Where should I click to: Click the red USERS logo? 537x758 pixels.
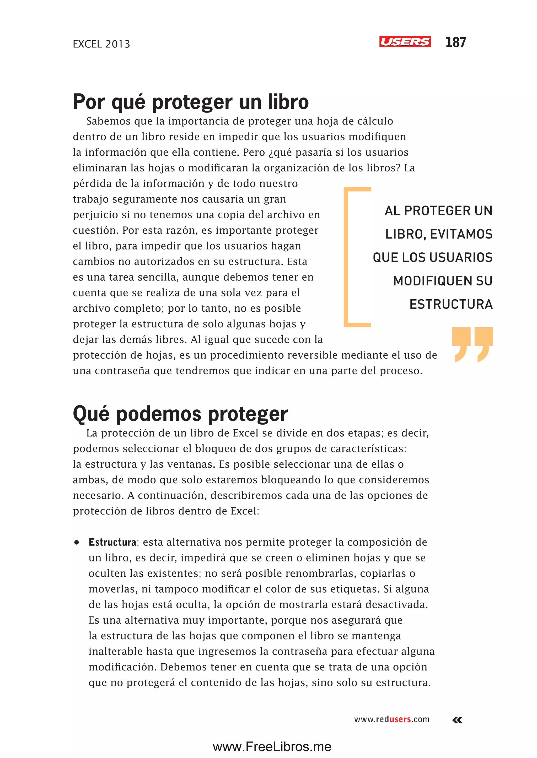tap(405, 42)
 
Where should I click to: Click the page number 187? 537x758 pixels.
tap(456, 42)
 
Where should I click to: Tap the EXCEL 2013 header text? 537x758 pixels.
tap(101, 44)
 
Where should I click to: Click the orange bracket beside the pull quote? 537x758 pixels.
tap(347, 257)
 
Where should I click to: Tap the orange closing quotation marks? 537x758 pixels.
tap(472, 344)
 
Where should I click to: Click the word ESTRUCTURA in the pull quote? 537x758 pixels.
tap(451, 304)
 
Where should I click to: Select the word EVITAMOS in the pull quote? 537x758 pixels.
tap(461, 234)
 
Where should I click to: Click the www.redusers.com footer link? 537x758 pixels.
tap(391, 719)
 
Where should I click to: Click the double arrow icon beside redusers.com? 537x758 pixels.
tap(457, 720)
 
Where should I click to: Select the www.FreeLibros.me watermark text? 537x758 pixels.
tap(272, 746)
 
